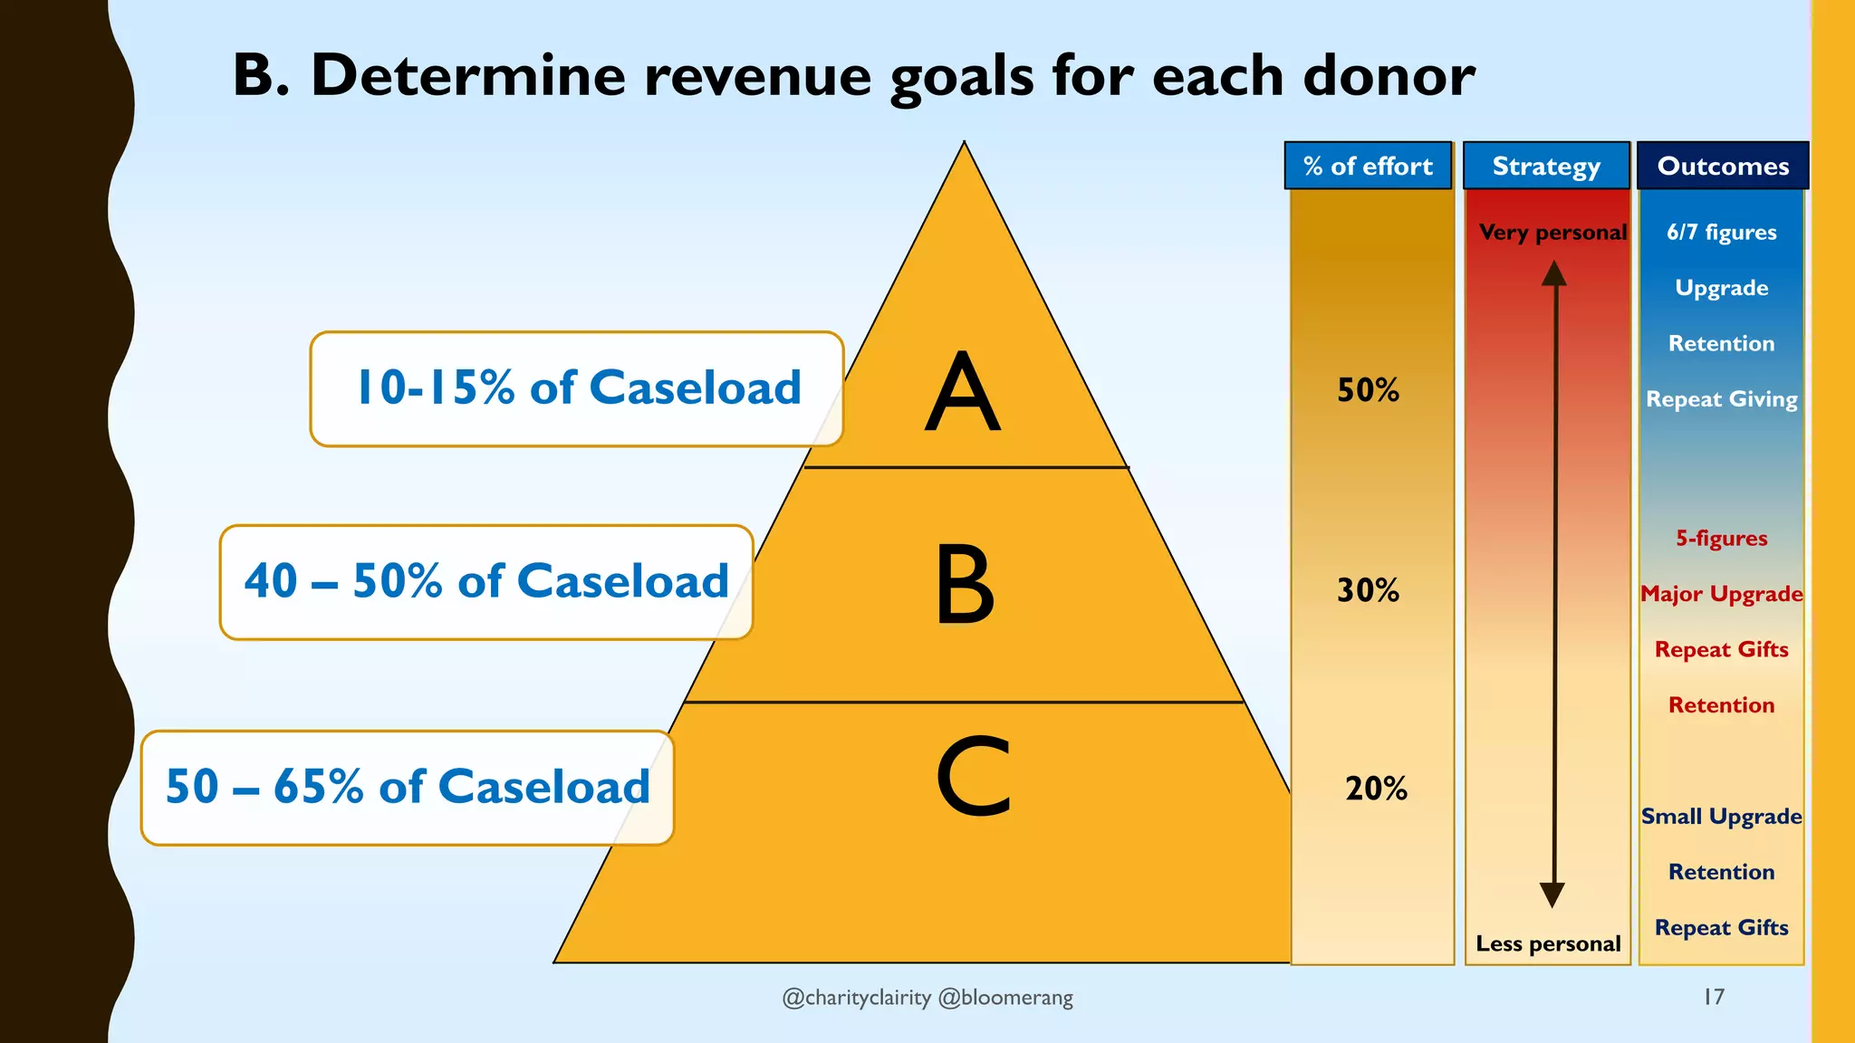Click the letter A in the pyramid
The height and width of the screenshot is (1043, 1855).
[x=963, y=391]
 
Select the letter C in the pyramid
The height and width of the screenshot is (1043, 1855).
[x=973, y=776]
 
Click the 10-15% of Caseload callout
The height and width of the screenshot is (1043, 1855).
[x=577, y=388]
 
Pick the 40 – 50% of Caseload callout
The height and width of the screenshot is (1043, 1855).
[x=486, y=581]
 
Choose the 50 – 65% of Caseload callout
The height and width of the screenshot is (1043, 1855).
[x=408, y=787]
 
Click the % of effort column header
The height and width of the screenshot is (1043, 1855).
[x=1368, y=166]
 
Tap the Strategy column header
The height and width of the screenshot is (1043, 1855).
[x=1546, y=166]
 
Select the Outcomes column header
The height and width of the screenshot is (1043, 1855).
[x=1723, y=166]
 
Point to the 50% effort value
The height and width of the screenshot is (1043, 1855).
[x=1368, y=390]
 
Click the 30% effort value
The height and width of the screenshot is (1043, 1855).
[x=1368, y=590]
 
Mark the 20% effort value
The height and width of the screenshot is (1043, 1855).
[x=1376, y=789]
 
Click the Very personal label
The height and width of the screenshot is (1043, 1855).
[x=1552, y=233]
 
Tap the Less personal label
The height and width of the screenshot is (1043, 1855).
[x=1548, y=943]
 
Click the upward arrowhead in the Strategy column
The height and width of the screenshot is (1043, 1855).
[x=1554, y=273]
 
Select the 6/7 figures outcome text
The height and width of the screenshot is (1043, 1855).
[x=1721, y=233]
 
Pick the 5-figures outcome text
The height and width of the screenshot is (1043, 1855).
[x=1721, y=539]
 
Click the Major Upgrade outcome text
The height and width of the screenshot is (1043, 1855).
[x=1721, y=594]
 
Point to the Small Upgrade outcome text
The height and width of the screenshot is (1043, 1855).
[x=1721, y=817]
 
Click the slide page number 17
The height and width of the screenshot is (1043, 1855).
[x=1714, y=997]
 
